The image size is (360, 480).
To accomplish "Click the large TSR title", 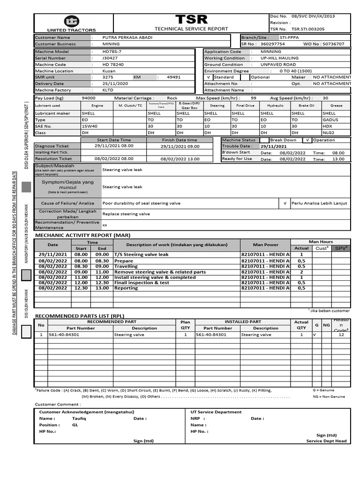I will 191,19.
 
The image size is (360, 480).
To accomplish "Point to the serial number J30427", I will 110,58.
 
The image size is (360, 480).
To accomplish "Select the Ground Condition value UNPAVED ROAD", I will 278,65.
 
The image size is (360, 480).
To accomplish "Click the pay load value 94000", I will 89,98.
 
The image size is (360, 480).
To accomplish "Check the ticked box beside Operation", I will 307,140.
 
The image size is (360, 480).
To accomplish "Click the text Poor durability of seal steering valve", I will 141,203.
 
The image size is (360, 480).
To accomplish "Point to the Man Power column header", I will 265,245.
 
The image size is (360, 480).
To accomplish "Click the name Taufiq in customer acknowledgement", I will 79,419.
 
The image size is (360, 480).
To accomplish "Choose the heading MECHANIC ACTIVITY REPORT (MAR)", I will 82,235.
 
